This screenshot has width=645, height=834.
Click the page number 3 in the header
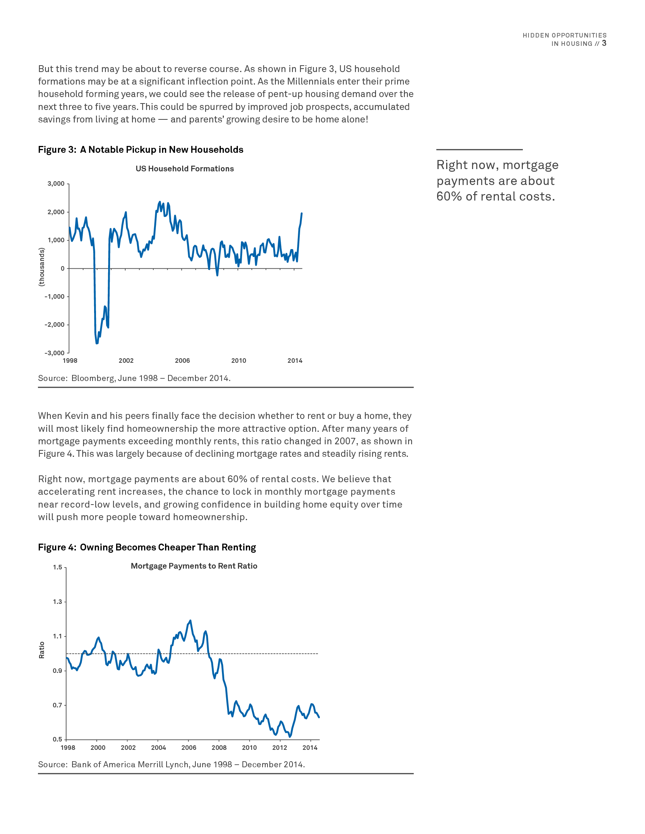pyautogui.click(x=604, y=43)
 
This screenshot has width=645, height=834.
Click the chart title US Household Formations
pyautogui.click(x=184, y=169)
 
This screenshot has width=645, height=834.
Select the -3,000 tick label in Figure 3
pyautogui.click(x=55, y=353)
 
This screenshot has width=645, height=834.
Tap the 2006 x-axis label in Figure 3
pyautogui.click(x=182, y=361)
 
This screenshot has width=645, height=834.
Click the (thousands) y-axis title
pyautogui.click(x=42, y=267)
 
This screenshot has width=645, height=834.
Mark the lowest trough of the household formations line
pyautogui.click(x=97, y=343)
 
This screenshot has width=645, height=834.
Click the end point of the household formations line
pyautogui.click(x=302, y=213)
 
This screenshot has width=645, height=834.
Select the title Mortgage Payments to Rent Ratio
pyautogui.click(x=194, y=566)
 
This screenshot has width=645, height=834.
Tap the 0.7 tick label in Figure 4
pyautogui.click(x=57, y=705)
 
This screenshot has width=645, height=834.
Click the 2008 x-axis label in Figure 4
pyautogui.click(x=219, y=747)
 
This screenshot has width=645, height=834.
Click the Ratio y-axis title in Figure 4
pyautogui.click(x=42, y=650)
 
